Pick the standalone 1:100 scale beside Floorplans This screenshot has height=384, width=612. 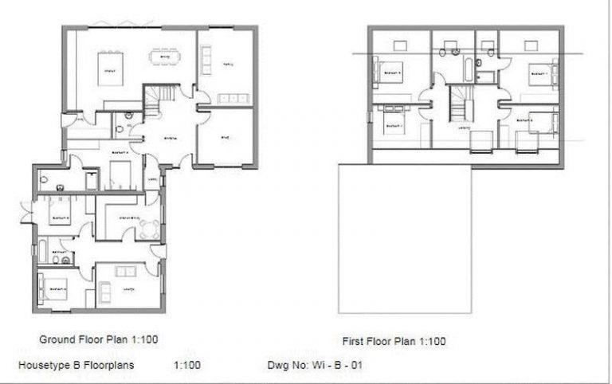(x=186, y=366)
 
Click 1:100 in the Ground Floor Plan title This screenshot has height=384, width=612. (x=141, y=339)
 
